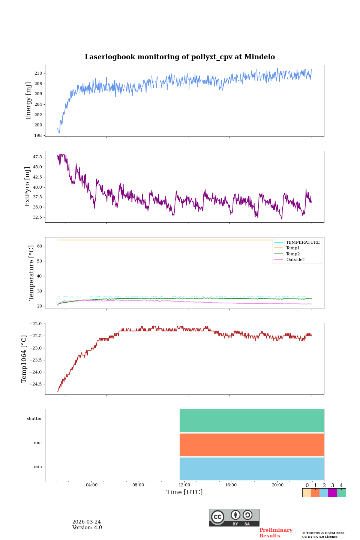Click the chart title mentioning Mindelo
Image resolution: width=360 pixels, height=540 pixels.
click(x=180, y=57)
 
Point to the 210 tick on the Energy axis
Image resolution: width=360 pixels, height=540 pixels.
click(x=39, y=73)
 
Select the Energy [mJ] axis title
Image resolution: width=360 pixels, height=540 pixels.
click(x=28, y=101)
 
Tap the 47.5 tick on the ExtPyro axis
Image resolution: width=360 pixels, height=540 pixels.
click(x=37, y=157)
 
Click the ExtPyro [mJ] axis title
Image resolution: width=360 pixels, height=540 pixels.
click(x=27, y=187)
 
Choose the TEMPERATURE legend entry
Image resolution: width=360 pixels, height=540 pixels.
click(x=303, y=243)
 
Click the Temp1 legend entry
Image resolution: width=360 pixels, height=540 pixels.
click(x=293, y=248)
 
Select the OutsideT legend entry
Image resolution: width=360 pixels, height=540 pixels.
click(x=295, y=260)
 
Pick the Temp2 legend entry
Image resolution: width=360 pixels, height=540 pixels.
click(x=293, y=254)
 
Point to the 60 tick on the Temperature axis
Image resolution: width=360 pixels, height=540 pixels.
click(x=40, y=246)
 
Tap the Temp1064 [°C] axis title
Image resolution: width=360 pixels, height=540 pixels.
click(x=24, y=359)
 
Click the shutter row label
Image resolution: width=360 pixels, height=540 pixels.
click(x=34, y=419)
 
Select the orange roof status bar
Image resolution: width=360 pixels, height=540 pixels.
click(x=252, y=445)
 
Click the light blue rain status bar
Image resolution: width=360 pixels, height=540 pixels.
click(x=252, y=469)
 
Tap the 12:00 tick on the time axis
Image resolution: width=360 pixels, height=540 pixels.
click(x=184, y=485)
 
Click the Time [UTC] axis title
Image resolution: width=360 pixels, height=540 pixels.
click(x=184, y=492)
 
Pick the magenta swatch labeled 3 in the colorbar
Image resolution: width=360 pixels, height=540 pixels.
click(x=332, y=493)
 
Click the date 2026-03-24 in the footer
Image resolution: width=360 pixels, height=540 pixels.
click(x=87, y=522)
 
